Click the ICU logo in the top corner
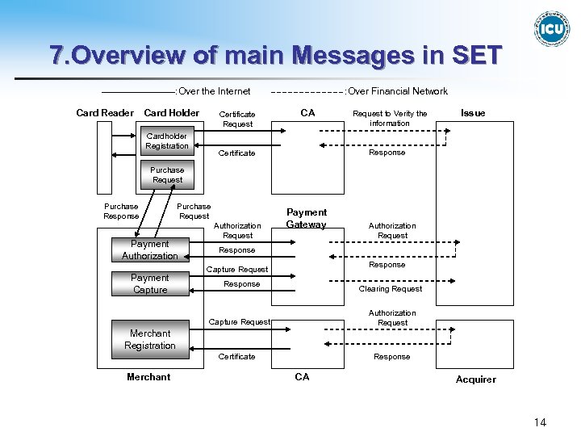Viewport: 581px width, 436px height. point(552,29)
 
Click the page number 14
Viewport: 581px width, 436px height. point(540,422)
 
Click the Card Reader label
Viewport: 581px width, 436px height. point(105,113)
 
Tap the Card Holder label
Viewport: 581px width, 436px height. point(171,113)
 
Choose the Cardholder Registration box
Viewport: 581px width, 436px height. point(167,141)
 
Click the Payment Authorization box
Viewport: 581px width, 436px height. point(150,250)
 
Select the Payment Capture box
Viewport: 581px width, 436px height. point(150,283)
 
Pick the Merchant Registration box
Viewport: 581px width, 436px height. point(150,339)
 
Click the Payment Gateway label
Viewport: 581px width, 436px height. point(307,219)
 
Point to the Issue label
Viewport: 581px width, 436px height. point(473,113)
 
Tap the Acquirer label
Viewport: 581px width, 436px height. point(476,379)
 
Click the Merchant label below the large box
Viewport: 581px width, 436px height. point(148,377)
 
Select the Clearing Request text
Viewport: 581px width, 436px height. point(391,289)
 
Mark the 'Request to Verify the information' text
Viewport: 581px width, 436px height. point(390,119)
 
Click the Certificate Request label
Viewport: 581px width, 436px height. point(237,119)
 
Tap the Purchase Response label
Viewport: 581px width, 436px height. point(121,212)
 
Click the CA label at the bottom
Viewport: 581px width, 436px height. point(302,377)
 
